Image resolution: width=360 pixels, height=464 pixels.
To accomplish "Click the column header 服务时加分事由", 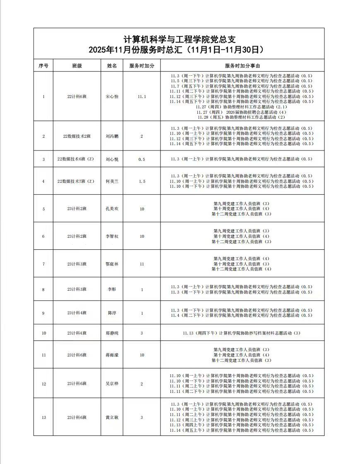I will coord(242,66).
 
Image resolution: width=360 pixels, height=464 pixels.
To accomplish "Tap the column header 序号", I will coord(43,66).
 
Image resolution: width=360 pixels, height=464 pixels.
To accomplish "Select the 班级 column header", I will coord(77,66).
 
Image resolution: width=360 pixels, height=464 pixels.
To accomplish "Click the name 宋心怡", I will coord(112,96).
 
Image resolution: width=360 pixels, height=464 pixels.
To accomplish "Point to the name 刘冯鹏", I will coord(112,136).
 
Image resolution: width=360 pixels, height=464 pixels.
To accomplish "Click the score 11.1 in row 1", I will coord(142,96).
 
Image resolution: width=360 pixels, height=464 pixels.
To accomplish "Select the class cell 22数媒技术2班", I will coord(77,136).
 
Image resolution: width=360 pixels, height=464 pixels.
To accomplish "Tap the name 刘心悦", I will coord(112,159).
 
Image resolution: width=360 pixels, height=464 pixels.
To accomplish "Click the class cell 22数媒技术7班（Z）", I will coord(77,181).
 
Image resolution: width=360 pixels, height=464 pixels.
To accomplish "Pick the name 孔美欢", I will coord(112,209).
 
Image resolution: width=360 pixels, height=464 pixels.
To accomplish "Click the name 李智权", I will coord(112,236).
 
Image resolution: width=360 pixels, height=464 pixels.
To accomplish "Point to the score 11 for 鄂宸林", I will coord(142,264).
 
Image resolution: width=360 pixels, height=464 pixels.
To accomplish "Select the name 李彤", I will coord(112,289).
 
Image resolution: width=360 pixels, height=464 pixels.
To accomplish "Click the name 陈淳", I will coord(112,313).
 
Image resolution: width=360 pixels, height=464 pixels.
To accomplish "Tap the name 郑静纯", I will coord(112,333).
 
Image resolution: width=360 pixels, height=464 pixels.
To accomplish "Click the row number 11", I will coord(43,355).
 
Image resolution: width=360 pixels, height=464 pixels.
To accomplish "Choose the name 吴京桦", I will coord(112,384).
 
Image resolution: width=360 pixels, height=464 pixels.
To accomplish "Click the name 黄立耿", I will coord(112,417).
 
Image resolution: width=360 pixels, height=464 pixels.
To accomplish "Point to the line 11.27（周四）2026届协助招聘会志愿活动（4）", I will coord(242,112).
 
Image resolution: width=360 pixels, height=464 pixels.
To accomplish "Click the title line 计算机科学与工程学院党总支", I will coord(180,40).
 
